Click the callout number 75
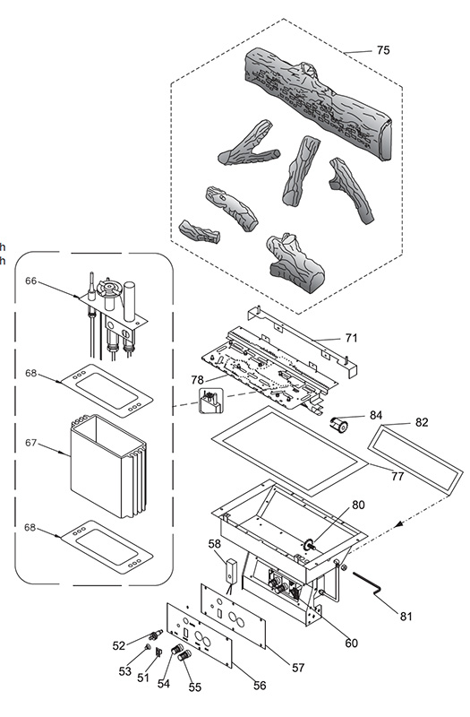point(383,50)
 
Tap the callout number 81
point(406,616)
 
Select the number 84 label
point(376,415)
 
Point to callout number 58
point(214,544)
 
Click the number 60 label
point(351,643)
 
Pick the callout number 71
point(351,338)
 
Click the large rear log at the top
point(319,103)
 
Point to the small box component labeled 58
point(232,570)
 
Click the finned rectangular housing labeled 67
point(108,466)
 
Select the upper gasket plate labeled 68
point(107,390)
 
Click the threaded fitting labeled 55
point(185,655)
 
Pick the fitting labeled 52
point(156,634)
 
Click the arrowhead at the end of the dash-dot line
point(398,525)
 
